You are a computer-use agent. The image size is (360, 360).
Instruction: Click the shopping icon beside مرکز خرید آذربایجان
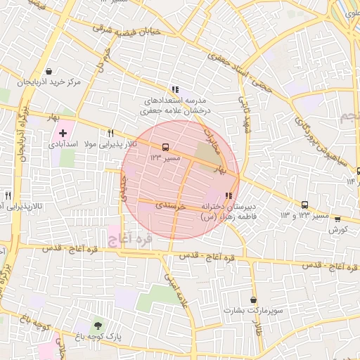48,72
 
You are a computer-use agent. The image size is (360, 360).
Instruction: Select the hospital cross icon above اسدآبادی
63,132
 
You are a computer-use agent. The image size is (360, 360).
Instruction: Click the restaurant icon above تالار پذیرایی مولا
110,133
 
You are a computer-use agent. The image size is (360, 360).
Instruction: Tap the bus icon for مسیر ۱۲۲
165,147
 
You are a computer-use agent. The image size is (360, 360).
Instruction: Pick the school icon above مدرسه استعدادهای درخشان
175,89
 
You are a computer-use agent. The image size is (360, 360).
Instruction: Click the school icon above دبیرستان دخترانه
228,196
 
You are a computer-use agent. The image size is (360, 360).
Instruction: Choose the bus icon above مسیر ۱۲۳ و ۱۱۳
304,205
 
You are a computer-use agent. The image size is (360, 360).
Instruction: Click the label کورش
338,230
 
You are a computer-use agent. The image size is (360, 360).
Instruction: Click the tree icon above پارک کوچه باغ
97,325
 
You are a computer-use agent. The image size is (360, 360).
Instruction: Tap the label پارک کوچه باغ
96,337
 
